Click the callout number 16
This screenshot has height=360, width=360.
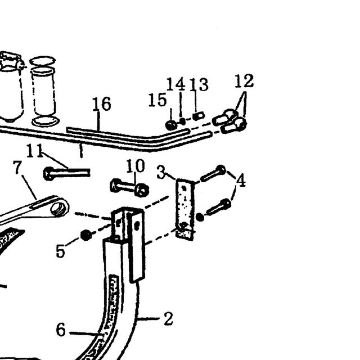pyautogui.click(x=102, y=103)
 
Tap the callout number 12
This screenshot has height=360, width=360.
pyautogui.click(x=244, y=81)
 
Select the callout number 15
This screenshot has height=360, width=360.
pyautogui.click(x=157, y=100)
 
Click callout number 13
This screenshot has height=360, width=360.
pyautogui.click(x=199, y=84)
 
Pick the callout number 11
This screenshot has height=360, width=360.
pyautogui.click(x=35, y=150)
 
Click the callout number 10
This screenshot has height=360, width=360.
pyautogui.click(x=136, y=166)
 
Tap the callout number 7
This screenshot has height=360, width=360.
pyautogui.click(x=17, y=168)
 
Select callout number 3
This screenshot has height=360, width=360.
pyautogui.click(x=161, y=173)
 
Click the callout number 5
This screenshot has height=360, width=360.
pyautogui.click(x=61, y=251)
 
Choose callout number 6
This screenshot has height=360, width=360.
pyautogui.click(x=61, y=330)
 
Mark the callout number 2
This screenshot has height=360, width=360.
pyautogui.click(x=169, y=318)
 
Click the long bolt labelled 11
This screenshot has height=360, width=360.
pyautogui.click(x=66, y=173)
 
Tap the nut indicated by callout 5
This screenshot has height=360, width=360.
pyautogui.click(x=86, y=235)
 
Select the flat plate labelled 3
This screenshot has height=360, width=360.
pyautogui.click(x=185, y=209)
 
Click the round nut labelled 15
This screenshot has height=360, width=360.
pyautogui.click(x=171, y=125)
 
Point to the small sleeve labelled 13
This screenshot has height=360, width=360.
pyautogui.click(x=199, y=116)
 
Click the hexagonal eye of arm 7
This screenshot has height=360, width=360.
pyautogui.click(x=59, y=209)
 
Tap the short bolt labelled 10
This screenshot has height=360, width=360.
pyautogui.click(x=129, y=188)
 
